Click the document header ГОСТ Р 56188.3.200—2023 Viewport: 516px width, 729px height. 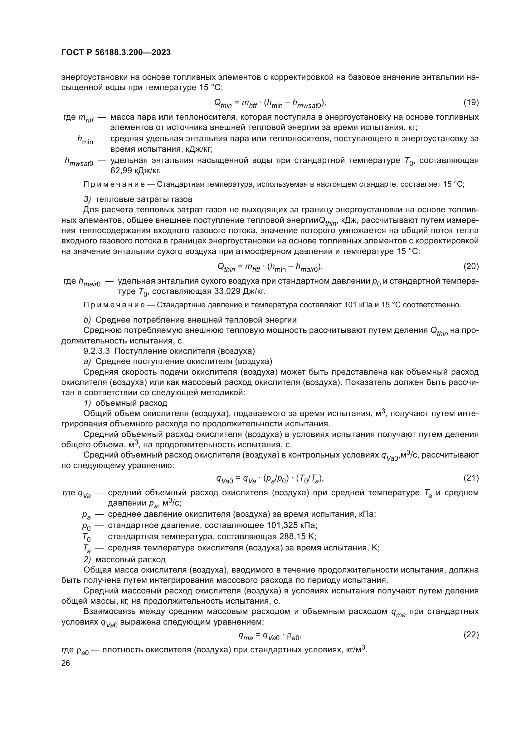click(x=116, y=53)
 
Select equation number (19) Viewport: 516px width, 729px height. click(x=471, y=102)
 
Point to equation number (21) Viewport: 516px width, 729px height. click(x=471, y=478)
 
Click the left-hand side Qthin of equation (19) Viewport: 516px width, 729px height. click(x=223, y=103)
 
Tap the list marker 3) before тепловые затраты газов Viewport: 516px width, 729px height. click(x=87, y=199)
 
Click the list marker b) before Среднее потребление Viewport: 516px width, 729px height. click(x=87, y=320)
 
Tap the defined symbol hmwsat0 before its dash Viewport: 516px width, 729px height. click(x=79, y=162)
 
